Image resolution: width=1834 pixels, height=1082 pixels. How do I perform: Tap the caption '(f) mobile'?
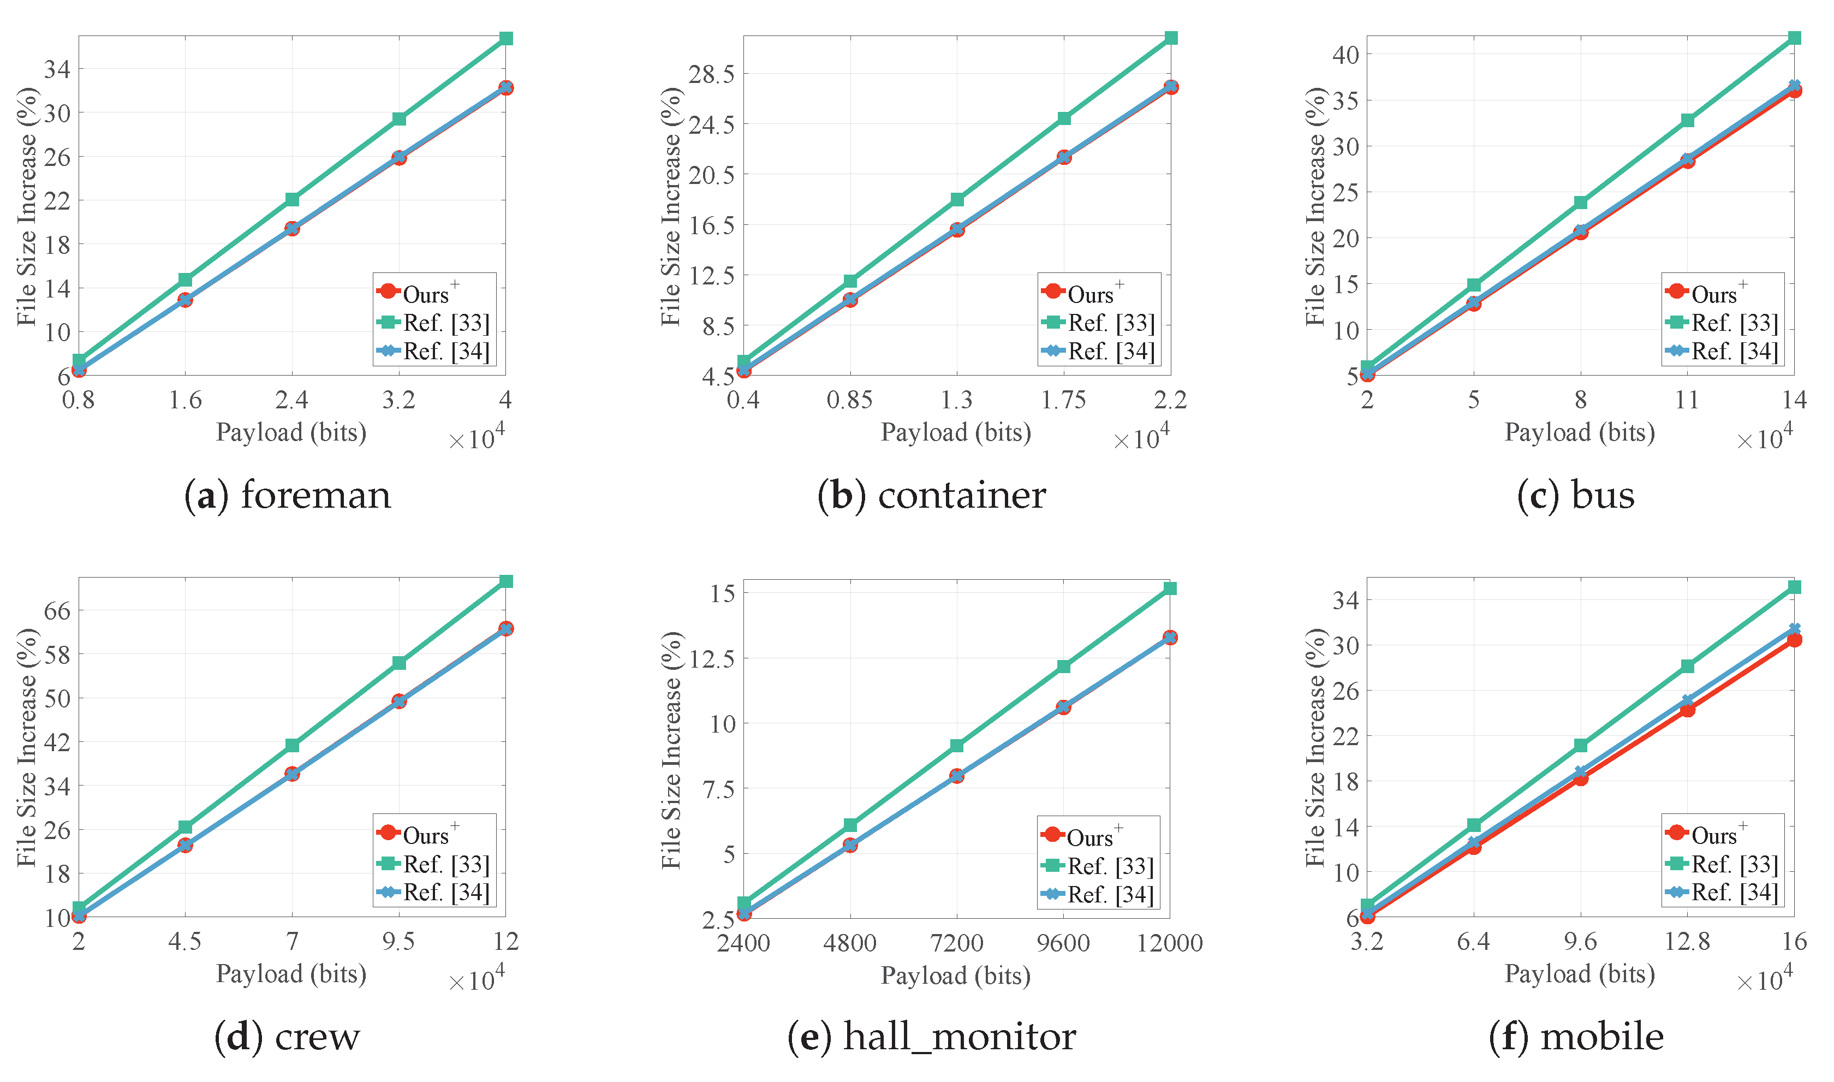(1576, 1037)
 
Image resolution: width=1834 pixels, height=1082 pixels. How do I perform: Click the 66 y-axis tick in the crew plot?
(58, 610)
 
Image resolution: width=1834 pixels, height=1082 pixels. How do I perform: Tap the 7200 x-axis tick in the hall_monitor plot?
(956, 943)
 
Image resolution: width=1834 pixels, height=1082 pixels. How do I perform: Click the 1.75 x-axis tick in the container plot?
(1063, 400)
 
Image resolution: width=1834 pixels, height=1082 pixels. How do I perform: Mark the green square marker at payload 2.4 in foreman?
(293, 200)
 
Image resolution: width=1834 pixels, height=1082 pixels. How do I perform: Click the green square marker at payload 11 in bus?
(1688, 120)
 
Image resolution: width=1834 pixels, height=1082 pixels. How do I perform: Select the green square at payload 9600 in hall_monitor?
(1063, 667)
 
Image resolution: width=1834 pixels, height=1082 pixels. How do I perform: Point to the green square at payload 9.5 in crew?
(398, 663)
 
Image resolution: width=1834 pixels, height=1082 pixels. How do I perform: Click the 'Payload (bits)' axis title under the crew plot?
(291, 974)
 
